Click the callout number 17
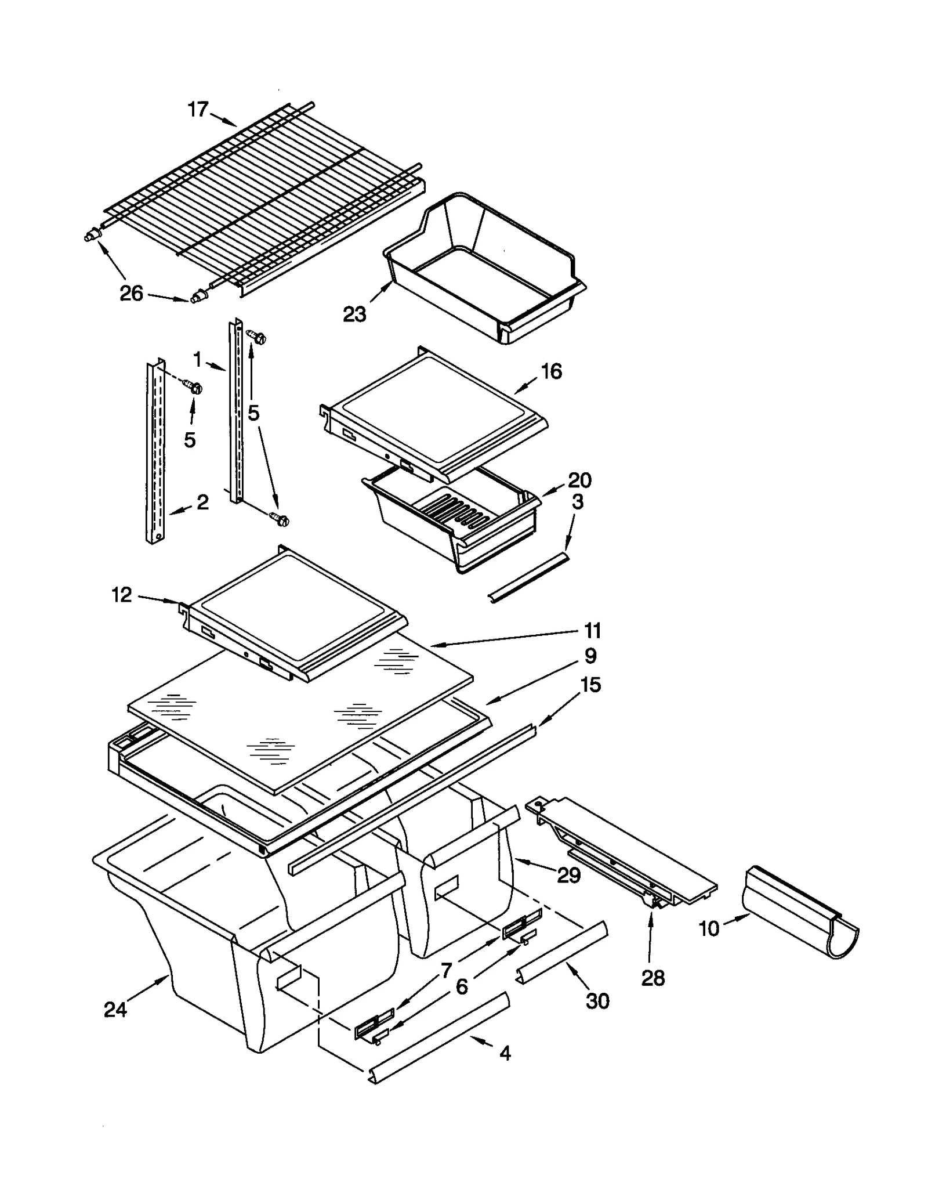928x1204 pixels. coord(198,109)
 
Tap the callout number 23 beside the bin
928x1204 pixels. coord(354,314)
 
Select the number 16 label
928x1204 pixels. coord(551,371)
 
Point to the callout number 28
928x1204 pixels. coord(652,978)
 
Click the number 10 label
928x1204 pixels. coord(709,929)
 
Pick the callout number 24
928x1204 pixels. coord(115,1010)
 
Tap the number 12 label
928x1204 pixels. coord(122,595)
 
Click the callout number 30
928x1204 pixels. coord(597,1001)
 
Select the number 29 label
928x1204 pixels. coord(568,875)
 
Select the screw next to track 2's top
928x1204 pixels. coord(194,386)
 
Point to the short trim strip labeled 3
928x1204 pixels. coord(528,577)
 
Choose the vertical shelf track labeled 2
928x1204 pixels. coord(155,453)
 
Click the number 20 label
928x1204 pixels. coord(579,480)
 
